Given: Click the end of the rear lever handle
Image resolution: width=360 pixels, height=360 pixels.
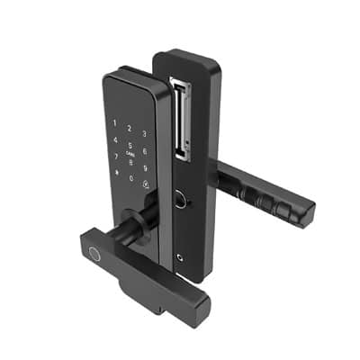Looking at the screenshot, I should [x=301, y=210].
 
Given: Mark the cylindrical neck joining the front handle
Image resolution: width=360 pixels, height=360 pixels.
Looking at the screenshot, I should [x=139, y=221].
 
